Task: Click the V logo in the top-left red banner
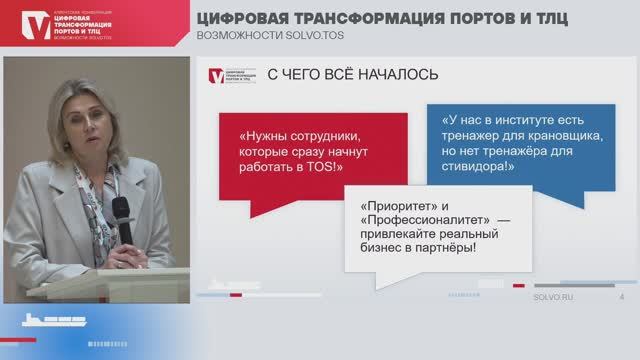(x=36, y=26)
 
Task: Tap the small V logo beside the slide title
(x=217, y=75)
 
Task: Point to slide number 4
(x=622, y=297)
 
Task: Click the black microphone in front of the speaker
(x=120, y=212)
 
